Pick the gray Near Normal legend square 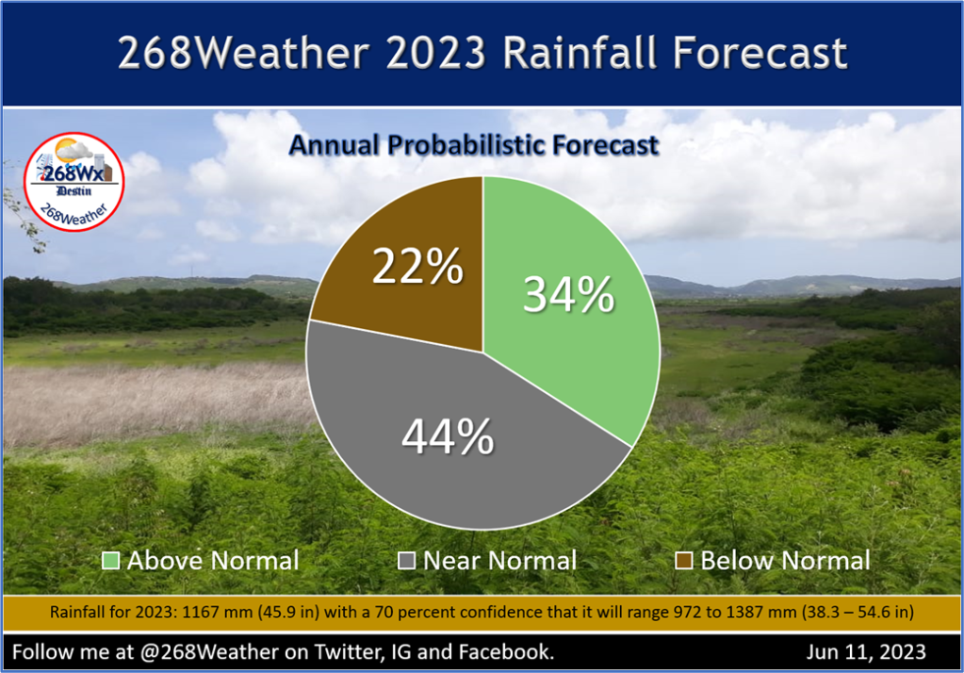(408, 562)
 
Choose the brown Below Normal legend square (685, 562)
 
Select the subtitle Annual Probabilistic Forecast (473, 146)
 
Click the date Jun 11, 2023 (866, 651)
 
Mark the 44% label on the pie (448, 437)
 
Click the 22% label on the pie (417, 270)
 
